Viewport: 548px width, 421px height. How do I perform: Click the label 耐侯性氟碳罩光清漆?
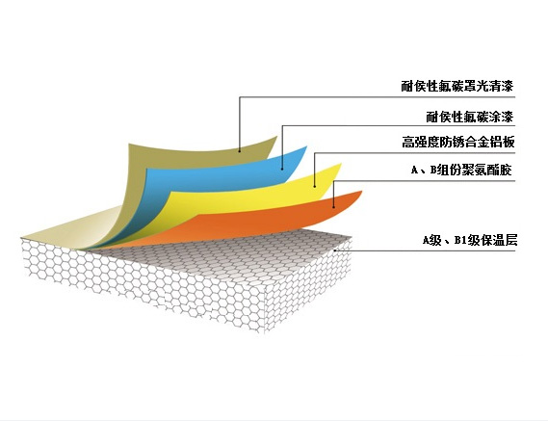point(457,86)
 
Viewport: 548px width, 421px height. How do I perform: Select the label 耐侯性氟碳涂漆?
point(470,117)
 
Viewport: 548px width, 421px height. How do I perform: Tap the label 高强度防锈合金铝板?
point(458,143)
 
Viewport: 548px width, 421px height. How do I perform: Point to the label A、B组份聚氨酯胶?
point(461,170)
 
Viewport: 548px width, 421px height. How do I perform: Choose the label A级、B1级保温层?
point(470,241)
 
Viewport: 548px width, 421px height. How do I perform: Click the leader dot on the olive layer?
point(240,151)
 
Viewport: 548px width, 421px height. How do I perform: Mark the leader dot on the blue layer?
point(282,169)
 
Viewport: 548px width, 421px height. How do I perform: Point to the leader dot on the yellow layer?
point(315,186)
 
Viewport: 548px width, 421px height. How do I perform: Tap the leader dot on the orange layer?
point(334,207)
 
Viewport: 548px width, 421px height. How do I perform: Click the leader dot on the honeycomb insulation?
point(334,250)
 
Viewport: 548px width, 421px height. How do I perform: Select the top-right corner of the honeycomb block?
point(352,238)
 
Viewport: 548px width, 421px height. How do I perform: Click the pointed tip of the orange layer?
point(362,192)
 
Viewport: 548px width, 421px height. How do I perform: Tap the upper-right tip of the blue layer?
point(307,146)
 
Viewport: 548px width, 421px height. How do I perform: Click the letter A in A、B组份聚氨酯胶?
point(414,171)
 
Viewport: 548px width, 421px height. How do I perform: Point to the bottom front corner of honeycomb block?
point(265,332)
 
